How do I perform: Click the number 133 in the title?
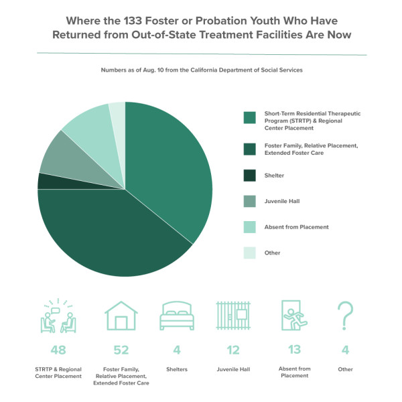133,21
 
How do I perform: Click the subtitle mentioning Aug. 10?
202,70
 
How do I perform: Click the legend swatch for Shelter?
249,176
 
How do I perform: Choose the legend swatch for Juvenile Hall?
249,201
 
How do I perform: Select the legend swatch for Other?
249,253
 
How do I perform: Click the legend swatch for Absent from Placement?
249,227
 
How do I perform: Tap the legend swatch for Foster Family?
249,149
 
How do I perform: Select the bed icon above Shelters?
177,316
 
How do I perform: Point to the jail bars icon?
233,316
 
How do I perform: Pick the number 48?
58,350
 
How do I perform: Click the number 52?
121,350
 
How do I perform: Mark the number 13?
294,350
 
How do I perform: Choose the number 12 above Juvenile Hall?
233,350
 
